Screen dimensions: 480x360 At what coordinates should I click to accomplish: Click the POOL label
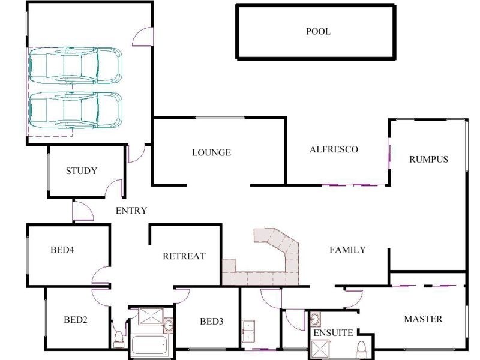pyautogui.click(x=318, y=31)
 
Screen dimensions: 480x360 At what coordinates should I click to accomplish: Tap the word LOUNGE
pyautogui.click(x=211, y=152)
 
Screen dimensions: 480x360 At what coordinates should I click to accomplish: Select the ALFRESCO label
pyautogui.click(x=334, y=149)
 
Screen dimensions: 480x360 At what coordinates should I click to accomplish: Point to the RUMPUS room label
pyautogui.click(x=428, y=159)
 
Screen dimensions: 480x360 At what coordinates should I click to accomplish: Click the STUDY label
pyautogui.click(x=82, y=171)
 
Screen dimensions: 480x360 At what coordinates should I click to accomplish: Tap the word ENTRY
pyautogui.click(x=131, y=211)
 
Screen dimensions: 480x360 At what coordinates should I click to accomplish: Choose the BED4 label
pyautogui.click(x=62, y=250)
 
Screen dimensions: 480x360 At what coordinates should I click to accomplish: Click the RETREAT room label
pyautogui.click(x=184, y=256)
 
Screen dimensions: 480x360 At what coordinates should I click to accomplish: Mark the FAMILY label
pyautogui.click(x=347, y=250)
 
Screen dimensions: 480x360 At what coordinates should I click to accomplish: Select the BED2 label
pyautogui.click(x=76, y=320)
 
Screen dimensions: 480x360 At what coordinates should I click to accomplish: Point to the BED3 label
pyautogui.click(x=211, y=321)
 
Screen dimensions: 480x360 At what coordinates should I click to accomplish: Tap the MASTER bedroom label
pyautogui.click(x=423, y=319)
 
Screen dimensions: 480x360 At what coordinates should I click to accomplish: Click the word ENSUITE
pyautogui.click(x=333, y=333)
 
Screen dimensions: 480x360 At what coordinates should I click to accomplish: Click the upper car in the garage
pyautogui.click(x=76, y=65)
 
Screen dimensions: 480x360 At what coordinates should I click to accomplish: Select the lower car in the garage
pyautogui.click(x=76, y=110)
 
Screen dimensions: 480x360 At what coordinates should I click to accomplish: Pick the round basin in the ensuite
pyautogui.click(x=316, y=319)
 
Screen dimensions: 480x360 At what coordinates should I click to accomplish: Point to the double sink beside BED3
pyautogui.click(x=248, y=331)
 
